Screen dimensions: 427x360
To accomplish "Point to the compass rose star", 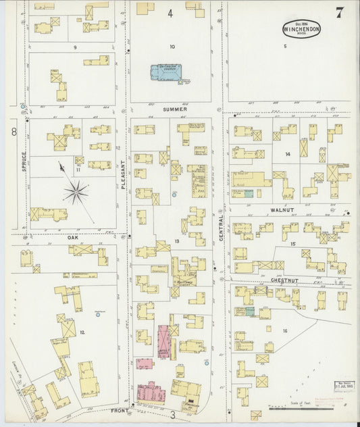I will [76, 192].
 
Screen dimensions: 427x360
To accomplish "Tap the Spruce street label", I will [24, 161].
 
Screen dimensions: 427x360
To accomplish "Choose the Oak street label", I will [73, 238].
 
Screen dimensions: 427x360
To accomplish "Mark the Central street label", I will [221, 233].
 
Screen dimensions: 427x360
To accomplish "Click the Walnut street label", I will [282, 211].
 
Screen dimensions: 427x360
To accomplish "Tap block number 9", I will [75, 47].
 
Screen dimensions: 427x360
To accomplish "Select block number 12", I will [82, 332].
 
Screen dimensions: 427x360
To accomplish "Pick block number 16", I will [285, 330].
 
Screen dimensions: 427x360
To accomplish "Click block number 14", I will [288, 155].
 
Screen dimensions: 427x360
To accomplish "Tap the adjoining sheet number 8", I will [13, 132].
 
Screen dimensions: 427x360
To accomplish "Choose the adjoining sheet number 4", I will [170, 13].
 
